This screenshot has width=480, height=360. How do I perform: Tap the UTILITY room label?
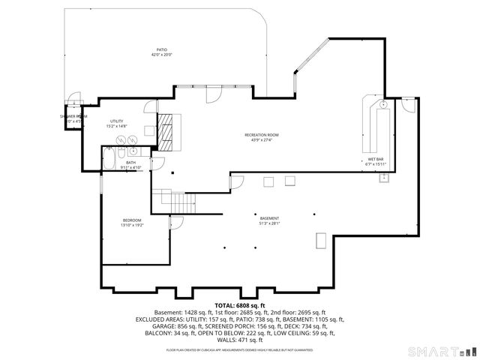coord(117,121)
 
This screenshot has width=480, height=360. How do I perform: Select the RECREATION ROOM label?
coord(257,135)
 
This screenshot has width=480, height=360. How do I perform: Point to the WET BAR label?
coord(375,159)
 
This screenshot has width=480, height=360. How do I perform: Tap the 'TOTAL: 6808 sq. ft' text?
coord(240,305)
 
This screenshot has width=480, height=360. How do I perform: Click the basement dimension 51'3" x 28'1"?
coord(268,223)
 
